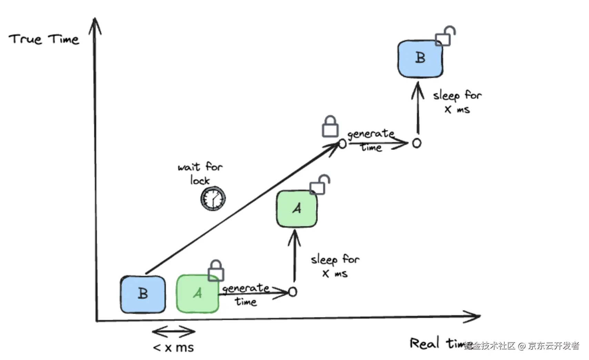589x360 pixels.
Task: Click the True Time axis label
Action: point(44,39)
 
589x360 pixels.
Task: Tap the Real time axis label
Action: point(436,343)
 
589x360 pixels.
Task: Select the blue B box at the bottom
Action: point(143,294)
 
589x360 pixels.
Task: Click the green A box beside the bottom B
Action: point(197,294)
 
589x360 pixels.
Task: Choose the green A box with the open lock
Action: point(297,209)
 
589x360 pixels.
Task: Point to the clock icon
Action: point(213,199)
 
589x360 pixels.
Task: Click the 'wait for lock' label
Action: point(200,173)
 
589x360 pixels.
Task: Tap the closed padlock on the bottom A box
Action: point(216,271)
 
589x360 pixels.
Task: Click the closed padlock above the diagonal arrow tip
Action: point(330,127)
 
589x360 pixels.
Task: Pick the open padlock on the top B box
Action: point(445,36)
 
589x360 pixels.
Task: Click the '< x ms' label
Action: point(173,347)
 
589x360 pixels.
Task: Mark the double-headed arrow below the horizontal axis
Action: point(173,332)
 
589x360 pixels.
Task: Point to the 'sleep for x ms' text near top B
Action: point(457,102)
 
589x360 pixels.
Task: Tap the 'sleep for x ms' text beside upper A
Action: point(335,266)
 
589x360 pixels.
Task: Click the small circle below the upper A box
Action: point(292,292)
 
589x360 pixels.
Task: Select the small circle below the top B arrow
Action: point(417,143)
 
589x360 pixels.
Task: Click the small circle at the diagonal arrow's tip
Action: point(342,144)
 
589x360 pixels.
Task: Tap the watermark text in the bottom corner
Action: point(522,346)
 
